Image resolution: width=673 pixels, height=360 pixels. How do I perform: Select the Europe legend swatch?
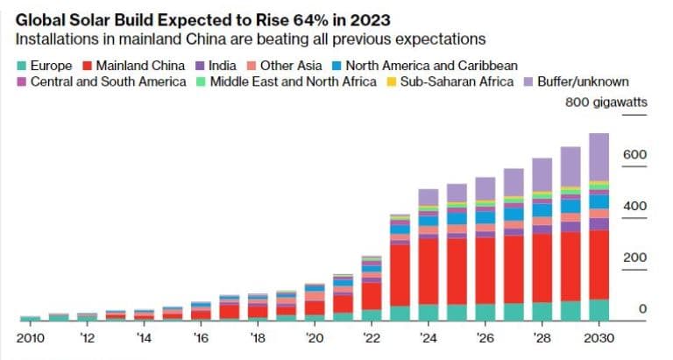coord(22,66)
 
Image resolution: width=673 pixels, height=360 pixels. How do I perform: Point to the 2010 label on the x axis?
coord(31,337)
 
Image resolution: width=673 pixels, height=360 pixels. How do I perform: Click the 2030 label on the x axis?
coord(598,337)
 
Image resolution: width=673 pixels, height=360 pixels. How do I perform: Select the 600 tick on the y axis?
coord(635,155)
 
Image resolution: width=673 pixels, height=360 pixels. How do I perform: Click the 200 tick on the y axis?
coord(635,258)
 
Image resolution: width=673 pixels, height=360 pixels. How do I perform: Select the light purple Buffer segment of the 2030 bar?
coord(598,158)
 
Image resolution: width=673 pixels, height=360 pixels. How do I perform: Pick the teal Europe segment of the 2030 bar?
coord(598,311)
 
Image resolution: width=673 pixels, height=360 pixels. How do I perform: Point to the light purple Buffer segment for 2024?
coord(428,197)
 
